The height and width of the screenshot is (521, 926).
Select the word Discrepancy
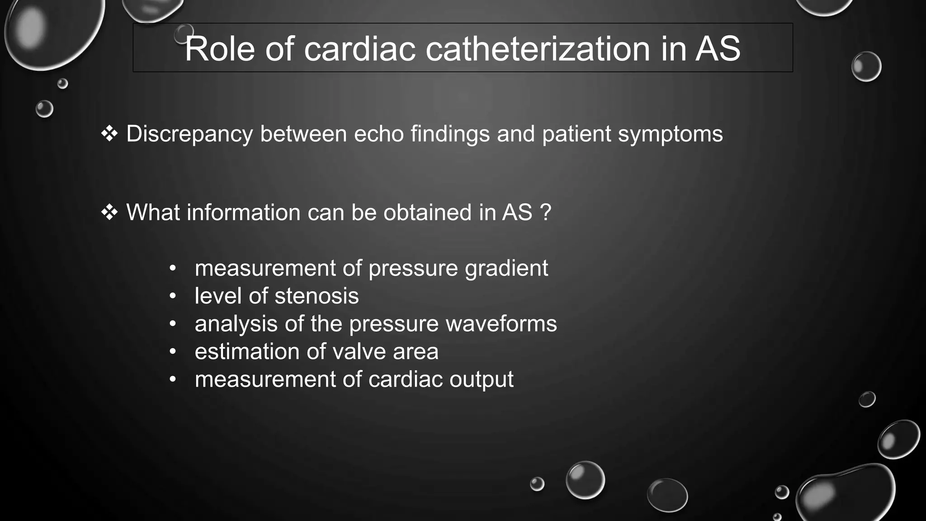189,134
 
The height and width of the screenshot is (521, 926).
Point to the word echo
378,134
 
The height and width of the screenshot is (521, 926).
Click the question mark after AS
546,212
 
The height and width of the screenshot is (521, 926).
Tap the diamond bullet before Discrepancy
109,134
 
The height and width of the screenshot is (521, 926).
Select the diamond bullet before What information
109,212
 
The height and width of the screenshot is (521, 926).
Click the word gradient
506,268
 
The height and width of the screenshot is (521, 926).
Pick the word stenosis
317,296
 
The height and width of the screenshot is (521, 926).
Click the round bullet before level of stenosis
172,296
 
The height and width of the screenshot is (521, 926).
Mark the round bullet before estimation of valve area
172,351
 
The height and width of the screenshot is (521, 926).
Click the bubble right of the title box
866,66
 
